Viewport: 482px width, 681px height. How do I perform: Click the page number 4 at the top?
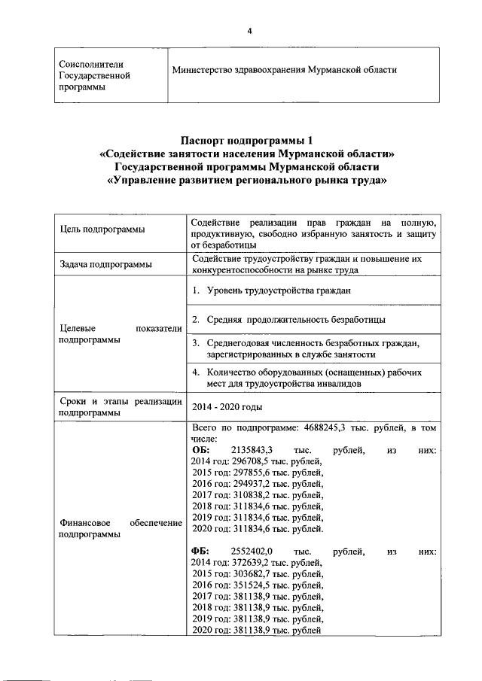(x=249, y=30)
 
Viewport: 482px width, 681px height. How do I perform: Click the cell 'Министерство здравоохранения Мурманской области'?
(x=284, y=70)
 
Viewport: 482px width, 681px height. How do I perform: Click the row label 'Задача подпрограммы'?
(x=105, y=265)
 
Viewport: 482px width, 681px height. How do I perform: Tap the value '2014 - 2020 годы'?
(x=226, y=406)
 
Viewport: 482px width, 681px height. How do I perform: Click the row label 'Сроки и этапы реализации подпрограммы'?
(x=120, y=406)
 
